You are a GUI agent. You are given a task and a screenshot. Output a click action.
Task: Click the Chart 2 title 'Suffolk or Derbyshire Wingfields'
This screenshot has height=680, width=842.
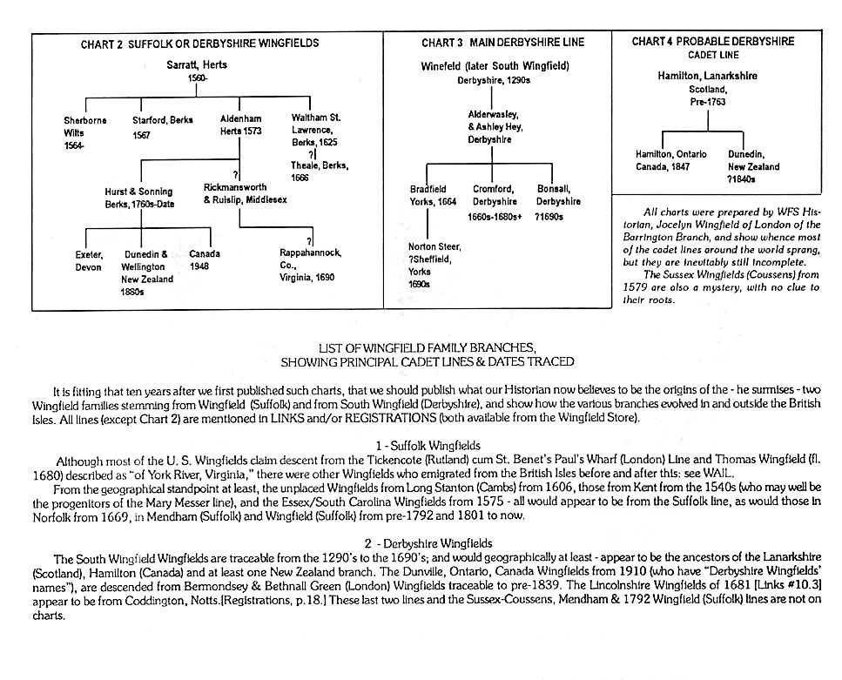[x=199, y=44]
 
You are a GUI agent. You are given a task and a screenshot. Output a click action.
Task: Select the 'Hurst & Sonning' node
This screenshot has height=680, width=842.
[x=138, y=197]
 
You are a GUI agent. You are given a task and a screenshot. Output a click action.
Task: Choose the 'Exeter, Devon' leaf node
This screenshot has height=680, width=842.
[x=89, y=260]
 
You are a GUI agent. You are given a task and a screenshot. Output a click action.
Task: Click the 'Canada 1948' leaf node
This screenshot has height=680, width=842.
[x=205, y=260]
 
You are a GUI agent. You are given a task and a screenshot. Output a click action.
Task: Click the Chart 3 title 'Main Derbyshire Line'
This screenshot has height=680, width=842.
[x=502, y=43]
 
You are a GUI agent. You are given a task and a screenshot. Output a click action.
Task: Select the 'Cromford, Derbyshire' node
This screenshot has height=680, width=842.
[x=495, y=195]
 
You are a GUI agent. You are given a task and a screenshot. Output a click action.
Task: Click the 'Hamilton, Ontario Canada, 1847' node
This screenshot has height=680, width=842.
[x=670, y=160]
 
